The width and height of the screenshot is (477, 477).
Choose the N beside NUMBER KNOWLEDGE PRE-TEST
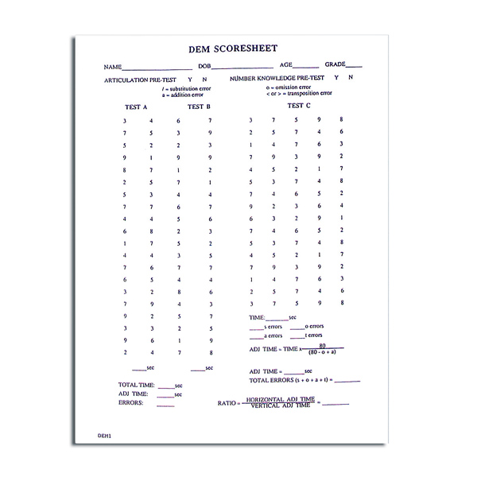click(351, 78)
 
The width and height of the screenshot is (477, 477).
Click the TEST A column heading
click(137, 107)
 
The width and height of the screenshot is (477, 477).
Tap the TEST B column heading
click(199, 107)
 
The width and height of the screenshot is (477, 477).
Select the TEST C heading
click(299, 105)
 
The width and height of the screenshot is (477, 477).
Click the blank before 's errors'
click(256, 327)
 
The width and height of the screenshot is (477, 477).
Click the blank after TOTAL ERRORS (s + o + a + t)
click(347, 381)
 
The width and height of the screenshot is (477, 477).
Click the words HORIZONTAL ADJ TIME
click(281, 399)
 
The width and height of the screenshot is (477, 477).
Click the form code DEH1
click(104, 436)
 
